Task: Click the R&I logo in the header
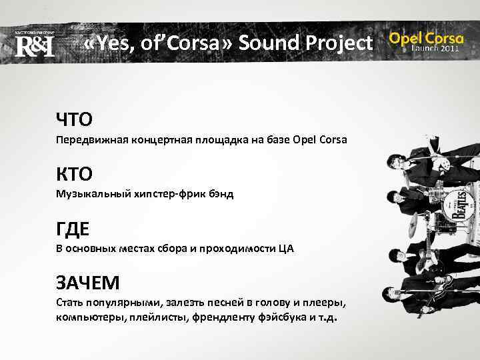(x=34, y=45)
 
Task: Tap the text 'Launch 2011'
(x=435, y=49)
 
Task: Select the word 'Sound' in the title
(x=269, y=44)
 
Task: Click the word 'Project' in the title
(x=340, y=44)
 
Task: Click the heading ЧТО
(x=74, y=119)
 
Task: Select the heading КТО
(x=74, y=174)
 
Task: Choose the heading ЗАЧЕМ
(x=88, y=283)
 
